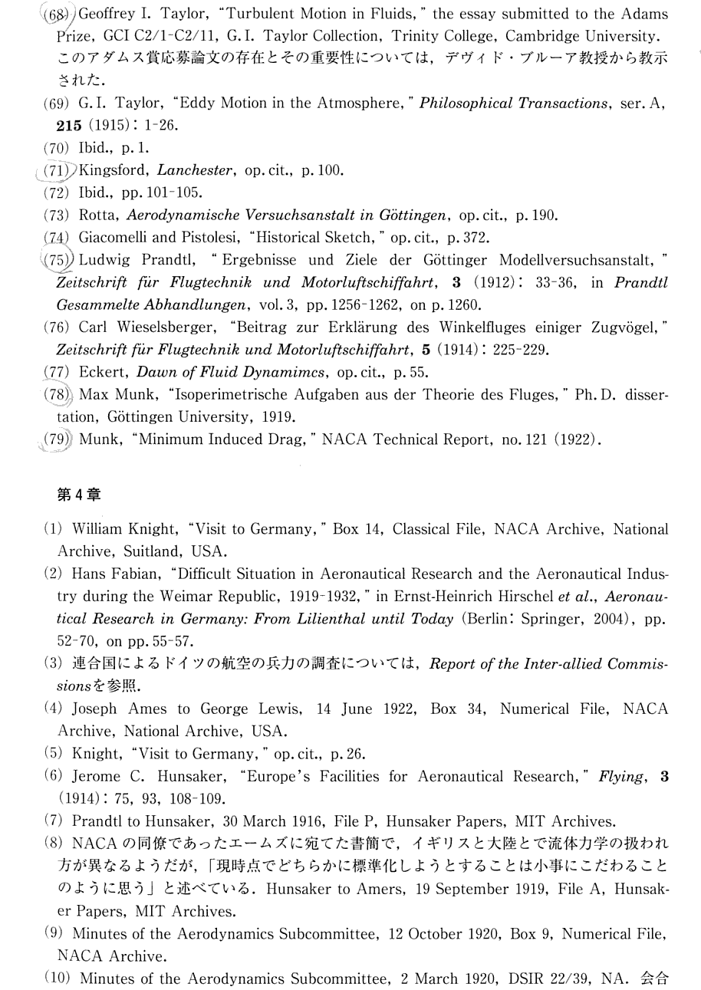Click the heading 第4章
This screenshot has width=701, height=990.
[x=79, y=495]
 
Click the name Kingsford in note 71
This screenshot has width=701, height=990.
[x=116, y=170]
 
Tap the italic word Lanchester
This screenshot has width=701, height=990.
[x=194, y=170]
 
